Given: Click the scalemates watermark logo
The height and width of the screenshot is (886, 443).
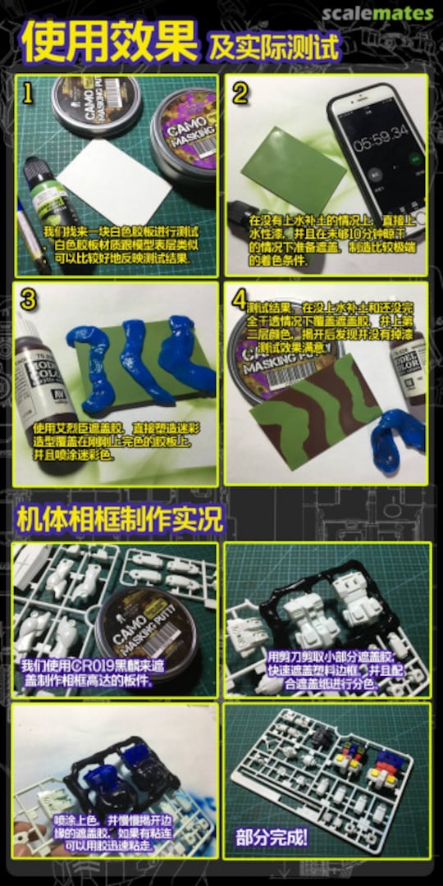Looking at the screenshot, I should click(377, 14).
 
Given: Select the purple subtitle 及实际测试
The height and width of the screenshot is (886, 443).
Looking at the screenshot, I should click(274, 47).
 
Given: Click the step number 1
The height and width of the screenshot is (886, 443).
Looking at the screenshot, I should click(28, 93).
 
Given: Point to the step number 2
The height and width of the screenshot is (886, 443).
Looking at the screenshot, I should click(240, 93).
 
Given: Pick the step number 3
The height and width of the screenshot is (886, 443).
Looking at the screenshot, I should click(29, 299).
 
